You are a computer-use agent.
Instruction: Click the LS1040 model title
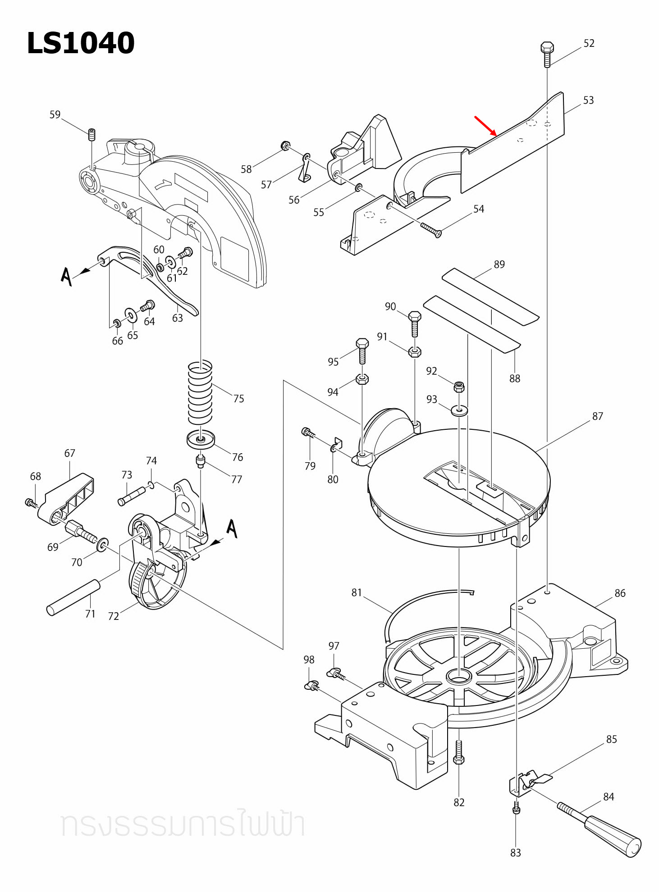(81, 43)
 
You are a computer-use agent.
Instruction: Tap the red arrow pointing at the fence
(485, 126)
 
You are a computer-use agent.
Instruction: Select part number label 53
(588, 100)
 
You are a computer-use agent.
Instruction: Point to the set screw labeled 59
(92, 134)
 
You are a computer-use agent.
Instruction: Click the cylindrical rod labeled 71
(73, 597)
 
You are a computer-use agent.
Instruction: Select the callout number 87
(597, 416)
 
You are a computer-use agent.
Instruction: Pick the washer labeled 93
(459, 410)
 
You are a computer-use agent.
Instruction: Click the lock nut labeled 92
(459, 387)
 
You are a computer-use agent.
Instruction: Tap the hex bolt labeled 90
(414, 323)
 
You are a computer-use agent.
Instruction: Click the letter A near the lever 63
(66, 276)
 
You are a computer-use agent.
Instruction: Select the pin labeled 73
(131, 496)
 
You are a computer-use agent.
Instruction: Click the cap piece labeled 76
(201, 440)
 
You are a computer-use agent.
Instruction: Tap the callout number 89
(499, 264)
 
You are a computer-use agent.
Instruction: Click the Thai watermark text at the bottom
(183, 824)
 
